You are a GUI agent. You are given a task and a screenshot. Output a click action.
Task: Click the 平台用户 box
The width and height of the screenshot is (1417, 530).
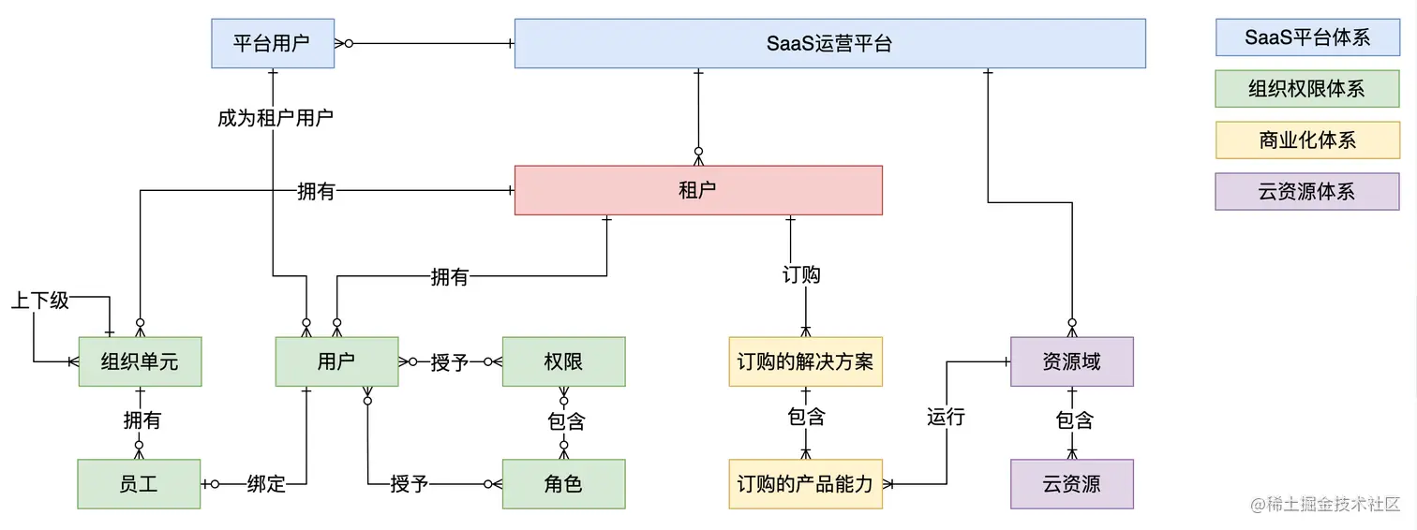pyautogui.click(x=272, y=43)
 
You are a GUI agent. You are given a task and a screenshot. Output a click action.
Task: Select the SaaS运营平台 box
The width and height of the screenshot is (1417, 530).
pyautogui.click(x=829, y=43)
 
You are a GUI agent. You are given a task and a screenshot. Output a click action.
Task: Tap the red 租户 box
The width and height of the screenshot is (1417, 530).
pyautogui.click(x=697, y=190)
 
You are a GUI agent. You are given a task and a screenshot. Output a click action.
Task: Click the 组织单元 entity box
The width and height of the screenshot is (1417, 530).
pyautogui.click(x=140, y=361)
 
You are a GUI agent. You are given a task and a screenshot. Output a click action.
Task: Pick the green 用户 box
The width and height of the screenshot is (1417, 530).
pyautogui.click(x=336, y=361)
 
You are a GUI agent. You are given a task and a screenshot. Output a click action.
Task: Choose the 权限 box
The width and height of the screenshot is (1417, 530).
pyautogui.click(x=563, y=361)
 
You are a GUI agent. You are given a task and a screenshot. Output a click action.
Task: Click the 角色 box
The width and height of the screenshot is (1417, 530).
pyautogui.click(x=563, y=484)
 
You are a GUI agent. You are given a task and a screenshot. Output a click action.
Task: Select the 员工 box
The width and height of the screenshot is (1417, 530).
pyautogui.click(x=139, y=484)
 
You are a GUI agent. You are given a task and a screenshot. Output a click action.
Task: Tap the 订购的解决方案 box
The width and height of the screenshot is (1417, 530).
pyautogui.click(x=805, y=361)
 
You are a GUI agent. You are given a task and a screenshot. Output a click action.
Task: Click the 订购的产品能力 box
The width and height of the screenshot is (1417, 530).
pyautogui.click(x=805, y=484)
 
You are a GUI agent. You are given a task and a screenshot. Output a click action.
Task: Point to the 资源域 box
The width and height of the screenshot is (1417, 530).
pyautogui.click(x=1071, y=361)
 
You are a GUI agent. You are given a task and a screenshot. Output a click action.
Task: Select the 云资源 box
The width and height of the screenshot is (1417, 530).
pyautogui.click(x=1071, y=484)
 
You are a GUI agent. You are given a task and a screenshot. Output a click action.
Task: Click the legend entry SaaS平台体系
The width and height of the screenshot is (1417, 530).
pyautogui.click(x=1307, y=37)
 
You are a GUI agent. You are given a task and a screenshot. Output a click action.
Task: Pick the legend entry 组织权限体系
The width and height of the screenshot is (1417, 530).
pyautogui.click(x=1307, y=89)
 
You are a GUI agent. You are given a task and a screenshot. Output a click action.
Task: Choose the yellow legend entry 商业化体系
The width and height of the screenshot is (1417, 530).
pyautogui.click(x=1307, y=140)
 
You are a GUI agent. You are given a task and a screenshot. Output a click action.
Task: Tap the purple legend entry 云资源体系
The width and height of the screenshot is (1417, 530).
pyautogui.click(x=1307, y=192)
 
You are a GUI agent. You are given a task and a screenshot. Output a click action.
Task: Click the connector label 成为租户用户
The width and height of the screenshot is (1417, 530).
pyautogui.click(x=275, y=118)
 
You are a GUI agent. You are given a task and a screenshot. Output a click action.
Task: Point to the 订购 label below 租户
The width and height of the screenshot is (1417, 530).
pyautogui.click(x=801, y=274)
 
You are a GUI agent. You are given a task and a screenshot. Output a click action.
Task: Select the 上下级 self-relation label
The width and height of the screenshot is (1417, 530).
pyautogui.click(x=40, y=301)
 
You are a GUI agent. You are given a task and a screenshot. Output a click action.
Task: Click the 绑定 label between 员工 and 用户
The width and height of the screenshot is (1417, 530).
pyautogui.click(x=266, y=484)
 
